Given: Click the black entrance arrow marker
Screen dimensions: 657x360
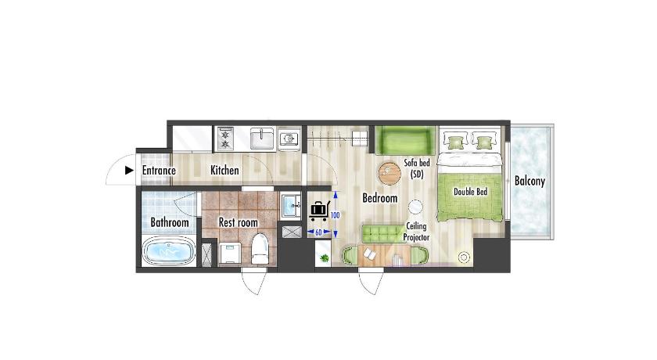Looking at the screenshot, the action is click(130, 170).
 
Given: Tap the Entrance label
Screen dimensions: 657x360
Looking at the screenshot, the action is click(159, 171).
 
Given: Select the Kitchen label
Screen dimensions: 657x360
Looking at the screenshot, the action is click(224, 170).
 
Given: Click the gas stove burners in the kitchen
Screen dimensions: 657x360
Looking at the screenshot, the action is click(225, 139).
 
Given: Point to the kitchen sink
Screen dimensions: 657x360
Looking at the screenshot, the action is click(262, 139).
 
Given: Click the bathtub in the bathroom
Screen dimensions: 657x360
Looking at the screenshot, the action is click(169, 251).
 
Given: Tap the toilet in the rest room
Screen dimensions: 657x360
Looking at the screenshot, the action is click(260, 249).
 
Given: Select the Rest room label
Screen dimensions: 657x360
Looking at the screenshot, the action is click(238, 222).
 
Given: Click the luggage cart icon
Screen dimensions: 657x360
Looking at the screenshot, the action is click(319, 211).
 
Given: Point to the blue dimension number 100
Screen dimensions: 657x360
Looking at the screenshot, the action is click(335, 215).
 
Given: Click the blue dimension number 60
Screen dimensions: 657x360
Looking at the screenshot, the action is click(318, 232).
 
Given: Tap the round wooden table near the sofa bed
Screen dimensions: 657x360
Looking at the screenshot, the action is click(390, 173).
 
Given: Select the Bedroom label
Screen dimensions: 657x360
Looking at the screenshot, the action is click(379, 198).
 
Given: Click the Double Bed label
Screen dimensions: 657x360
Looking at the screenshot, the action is click(471, 192).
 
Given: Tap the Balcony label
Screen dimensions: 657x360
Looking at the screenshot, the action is click(530, 181).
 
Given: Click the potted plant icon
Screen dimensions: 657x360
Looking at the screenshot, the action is click(324, 258).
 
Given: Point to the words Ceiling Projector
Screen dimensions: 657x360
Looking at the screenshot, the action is click(416, 232).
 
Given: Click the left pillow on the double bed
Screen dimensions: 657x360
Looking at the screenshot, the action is click(456, 141).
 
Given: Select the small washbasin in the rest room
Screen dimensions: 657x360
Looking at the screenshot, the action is click(290, 206).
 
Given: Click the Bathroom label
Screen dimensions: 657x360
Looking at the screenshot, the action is click(169, 222).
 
